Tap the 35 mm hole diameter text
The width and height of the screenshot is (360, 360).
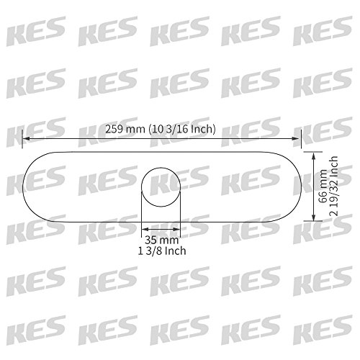pos(162,240)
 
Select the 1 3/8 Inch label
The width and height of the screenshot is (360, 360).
pos(162,251)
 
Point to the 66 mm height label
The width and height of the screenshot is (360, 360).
pos(323,186)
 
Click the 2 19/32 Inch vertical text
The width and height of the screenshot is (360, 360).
pos(333,186)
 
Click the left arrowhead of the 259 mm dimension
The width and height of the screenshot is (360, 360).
pos(27,139)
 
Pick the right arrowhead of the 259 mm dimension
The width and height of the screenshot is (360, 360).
pos(295,138)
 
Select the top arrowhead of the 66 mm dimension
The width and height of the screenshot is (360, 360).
pos(313,156)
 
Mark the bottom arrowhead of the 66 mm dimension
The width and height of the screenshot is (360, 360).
pos(313,217)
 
